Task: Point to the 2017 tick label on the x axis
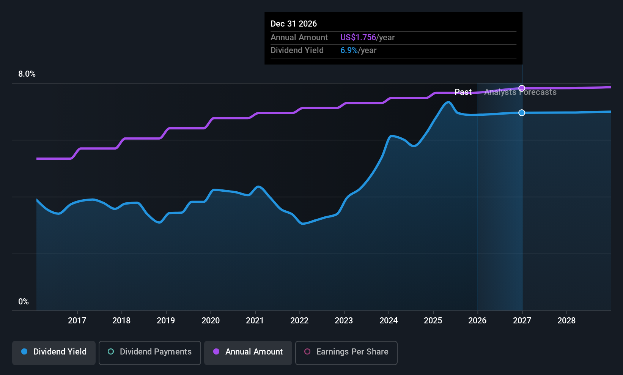pyautogui.click(x=77, y=320)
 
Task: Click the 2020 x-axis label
pyautogui.click(x=211, y=320)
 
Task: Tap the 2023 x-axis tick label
pyautogui.click(x=344, y=320)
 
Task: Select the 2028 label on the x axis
pyautogui.click(x=566, y=320)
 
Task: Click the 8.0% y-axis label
pyautogui.click(x=27, y=74)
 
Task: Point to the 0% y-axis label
pyautogui.click(x=24, y=302)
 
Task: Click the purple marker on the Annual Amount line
pyautogui.click(x=522, y=88)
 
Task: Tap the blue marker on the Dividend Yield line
pyautogui.click(x=522, y=113)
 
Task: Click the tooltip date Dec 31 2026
pyautogui.click(x=294, y=24)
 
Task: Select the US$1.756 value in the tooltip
pyautogui.click(x=358, y=37)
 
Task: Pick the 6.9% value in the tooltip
pyautogui.click(x=349, y=50)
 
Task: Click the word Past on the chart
pyautogui.click(x=463, y=92)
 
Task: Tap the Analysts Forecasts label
pyautogui.click(x=521, y=92)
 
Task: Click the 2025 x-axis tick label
pyautogui.click(x=433, y=320)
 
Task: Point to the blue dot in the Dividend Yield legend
pyautogui.click(x=25, y=351)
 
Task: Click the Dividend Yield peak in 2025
pyautogui.click(x=448, y=102)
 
